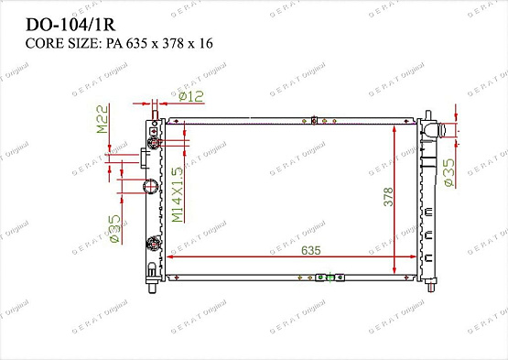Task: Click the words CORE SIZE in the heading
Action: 50,43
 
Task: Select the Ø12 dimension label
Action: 189,96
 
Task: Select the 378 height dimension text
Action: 387,197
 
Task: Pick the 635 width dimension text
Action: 285,249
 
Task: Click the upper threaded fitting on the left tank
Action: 154,142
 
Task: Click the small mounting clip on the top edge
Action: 314,117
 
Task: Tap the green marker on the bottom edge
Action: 320,278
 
